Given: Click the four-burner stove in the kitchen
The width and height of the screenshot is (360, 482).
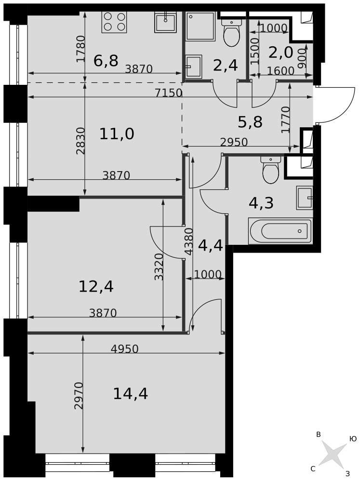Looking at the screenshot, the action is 114,22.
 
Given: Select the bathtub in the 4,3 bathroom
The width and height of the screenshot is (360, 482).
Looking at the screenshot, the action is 280,231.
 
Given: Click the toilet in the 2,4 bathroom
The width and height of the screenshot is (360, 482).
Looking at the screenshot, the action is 231,32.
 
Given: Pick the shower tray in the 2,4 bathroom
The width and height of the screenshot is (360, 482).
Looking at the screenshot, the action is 200,26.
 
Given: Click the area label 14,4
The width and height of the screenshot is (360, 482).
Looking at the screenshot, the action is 131,394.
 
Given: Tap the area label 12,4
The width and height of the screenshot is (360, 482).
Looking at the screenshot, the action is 96,286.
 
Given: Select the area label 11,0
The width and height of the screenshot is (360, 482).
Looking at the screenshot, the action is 117,134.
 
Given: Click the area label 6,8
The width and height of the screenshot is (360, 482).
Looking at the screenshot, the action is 106,61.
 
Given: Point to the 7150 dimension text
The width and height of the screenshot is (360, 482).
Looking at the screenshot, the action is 169,93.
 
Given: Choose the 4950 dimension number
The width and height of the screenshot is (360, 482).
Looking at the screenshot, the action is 124,349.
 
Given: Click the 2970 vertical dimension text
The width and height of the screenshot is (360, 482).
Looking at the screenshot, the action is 79,396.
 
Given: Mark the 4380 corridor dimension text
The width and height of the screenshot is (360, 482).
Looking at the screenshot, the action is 189,241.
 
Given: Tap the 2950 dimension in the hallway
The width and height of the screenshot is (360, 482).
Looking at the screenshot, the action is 234,142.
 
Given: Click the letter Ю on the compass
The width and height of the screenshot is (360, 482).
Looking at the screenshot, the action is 353,439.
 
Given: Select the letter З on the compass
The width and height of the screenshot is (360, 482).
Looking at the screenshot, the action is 347,473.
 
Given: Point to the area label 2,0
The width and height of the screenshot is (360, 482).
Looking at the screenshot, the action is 280,53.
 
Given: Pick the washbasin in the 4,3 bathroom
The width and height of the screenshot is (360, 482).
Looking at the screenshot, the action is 305,198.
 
